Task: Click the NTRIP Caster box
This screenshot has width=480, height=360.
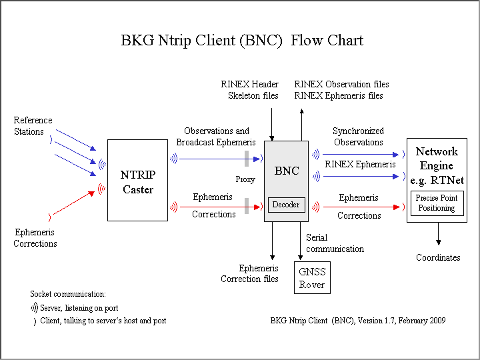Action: [137, 180]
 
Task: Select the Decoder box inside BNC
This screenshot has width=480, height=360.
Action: [287, 205]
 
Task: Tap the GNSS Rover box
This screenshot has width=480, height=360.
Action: [312, 278]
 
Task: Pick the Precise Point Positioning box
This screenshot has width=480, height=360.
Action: [437, 203]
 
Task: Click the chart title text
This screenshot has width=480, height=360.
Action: [242, 40]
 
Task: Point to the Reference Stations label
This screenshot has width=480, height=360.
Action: [33, 126]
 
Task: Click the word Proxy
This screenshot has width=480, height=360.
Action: [245, 179]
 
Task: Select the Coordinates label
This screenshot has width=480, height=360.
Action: [438, 257]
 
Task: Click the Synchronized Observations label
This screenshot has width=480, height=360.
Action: [358, 137]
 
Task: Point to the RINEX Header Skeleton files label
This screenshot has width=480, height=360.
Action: [249, 90]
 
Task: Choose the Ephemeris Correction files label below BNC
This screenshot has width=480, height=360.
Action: [249, 273]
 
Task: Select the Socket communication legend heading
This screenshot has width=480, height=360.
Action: [68, 293]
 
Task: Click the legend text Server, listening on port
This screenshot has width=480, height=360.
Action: [87, 308]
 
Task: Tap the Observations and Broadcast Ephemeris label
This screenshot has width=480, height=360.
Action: [216, 137]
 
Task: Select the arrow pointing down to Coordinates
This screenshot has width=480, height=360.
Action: [438, 234]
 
